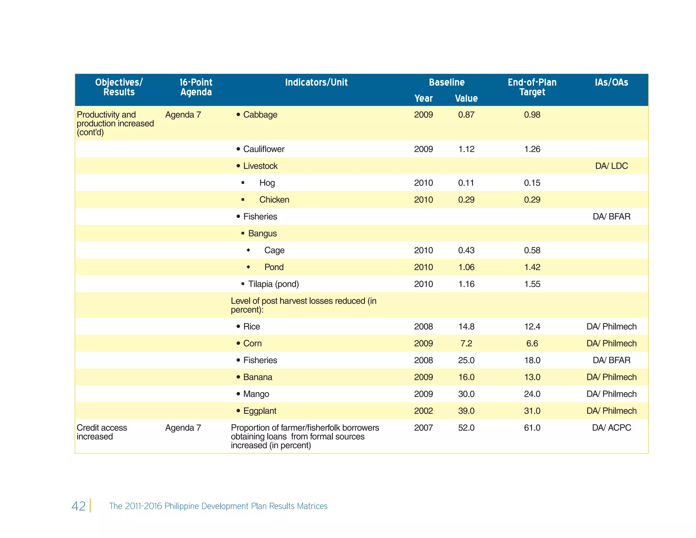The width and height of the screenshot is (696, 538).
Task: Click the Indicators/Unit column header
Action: click(316, 82)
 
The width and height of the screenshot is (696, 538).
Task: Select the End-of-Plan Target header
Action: click(532, 87)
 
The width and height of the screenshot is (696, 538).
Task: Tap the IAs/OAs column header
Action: click(611, 82)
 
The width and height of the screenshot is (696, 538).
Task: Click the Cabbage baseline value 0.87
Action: click(466, 115)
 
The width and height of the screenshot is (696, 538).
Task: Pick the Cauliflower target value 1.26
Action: click(532, 149)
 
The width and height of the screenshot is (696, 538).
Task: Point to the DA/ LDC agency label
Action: click(611, 166)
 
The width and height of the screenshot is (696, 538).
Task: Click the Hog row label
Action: click(267, 183)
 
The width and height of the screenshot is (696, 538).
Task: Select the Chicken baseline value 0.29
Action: click(466, 200)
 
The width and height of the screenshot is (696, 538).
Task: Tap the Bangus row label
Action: click(262, 233)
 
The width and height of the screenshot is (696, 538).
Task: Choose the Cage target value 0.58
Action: click(532, 250)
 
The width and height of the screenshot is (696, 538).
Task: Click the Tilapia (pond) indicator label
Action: click(273, 284)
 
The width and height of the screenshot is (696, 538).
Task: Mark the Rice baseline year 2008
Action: click(423, 326)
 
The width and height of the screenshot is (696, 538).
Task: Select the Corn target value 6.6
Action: click(532, 343)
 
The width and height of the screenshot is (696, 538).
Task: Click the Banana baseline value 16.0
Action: click(466, 377)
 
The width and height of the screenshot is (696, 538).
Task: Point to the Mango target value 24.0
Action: click(532, 394)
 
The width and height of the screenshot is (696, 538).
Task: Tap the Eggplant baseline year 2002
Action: click(423, 411)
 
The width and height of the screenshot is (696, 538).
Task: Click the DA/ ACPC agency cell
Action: click(611, 428)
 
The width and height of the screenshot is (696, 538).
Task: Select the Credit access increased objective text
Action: click(102, 432)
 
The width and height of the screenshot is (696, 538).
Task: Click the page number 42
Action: click(79, 506)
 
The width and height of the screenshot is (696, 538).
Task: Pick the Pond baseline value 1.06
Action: click(466, 267)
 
